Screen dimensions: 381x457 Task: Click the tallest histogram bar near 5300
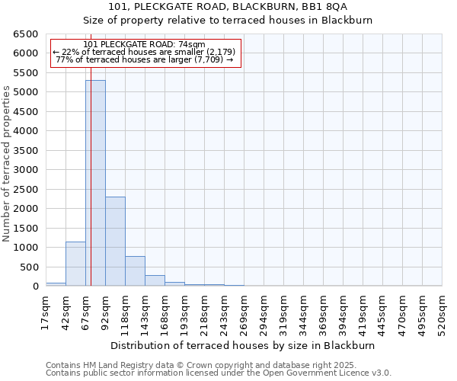click(x=95, y=183)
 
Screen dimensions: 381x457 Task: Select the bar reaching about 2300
click(x=115, y=241)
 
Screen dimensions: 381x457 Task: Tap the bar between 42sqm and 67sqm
click(x=75, y=264)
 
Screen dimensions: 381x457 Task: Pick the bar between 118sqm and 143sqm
click(x=135, y=271)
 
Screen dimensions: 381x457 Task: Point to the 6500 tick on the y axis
click(x=24, y=34)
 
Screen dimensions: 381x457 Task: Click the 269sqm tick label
click(x=244, y=312)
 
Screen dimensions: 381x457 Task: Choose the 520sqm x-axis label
click(x=442, y=312)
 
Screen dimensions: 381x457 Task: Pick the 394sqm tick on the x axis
click(x=343, y=312)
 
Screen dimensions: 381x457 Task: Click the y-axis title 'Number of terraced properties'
click(x=7, y=164)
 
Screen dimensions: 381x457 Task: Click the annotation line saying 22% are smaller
click(x=145, y=52)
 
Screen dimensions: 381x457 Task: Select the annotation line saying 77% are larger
click(x=145, y=59)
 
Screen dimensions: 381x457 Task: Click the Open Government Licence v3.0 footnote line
click(x=219, y=373)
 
